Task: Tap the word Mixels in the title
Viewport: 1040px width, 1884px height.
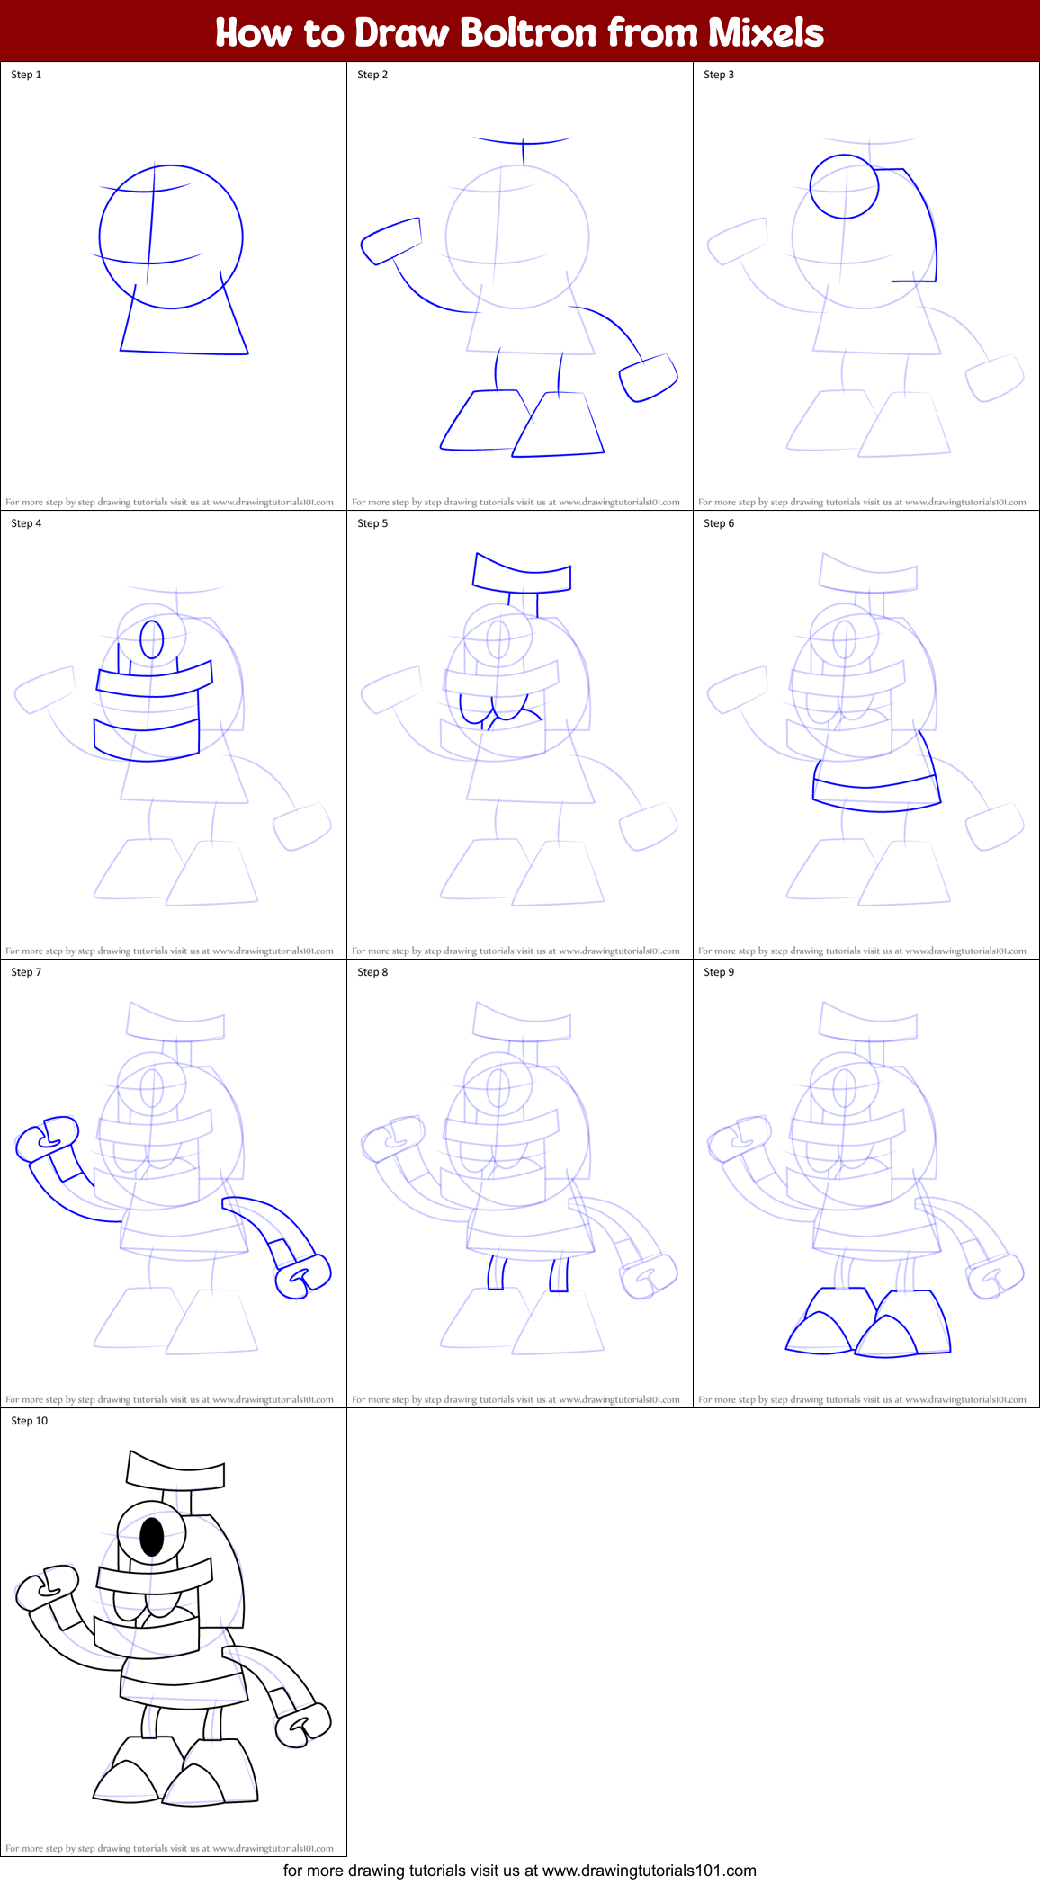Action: [x=766, y=32]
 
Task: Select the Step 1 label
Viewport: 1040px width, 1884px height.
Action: [x=26, y=75]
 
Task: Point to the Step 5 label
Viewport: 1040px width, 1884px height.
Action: [x=372, y=523]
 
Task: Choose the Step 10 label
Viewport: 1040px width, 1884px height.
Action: [x=30, y=1421]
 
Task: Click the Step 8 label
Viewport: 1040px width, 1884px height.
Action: [x=372, y=972]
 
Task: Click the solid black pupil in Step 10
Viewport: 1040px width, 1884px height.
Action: [x=152, y=1537]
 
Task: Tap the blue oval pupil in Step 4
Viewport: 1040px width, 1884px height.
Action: [x=152, y=639]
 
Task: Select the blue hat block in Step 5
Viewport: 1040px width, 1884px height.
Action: [x=522, y=575]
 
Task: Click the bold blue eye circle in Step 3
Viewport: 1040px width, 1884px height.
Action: [x=844, y=186]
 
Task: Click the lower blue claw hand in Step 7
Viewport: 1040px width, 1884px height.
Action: [x=303, y=1276]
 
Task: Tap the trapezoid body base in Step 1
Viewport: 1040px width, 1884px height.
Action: [x=184, y=324]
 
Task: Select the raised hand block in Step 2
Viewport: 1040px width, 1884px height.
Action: [x=391, y=241]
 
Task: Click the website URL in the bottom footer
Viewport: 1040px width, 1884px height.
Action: [x=649, y=1870]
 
